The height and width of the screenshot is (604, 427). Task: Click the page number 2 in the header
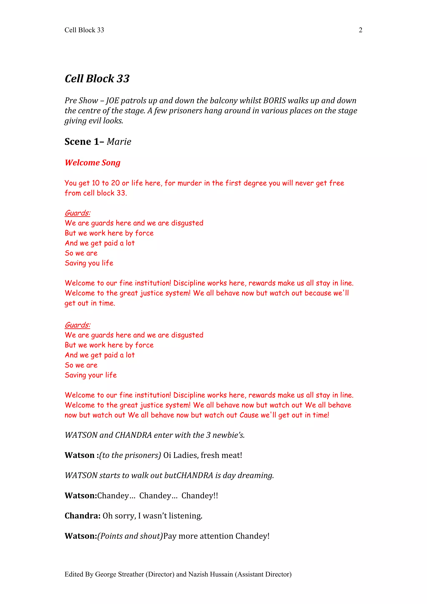[360, 30]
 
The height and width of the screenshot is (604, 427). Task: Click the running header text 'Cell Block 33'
[84, 30]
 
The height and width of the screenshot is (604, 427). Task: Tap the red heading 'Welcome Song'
[93, 162]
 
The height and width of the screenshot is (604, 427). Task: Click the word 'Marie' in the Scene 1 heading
[119, 142]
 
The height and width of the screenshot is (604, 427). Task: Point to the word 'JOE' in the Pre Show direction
[113, 101]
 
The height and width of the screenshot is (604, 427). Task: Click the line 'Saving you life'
[89, 263]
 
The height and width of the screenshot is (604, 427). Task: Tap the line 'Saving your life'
[91, 375]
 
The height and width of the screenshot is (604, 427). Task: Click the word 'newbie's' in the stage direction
[229, 435]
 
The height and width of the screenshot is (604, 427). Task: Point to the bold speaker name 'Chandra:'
[82, 516]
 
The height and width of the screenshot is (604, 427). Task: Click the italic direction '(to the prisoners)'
[130, 455]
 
